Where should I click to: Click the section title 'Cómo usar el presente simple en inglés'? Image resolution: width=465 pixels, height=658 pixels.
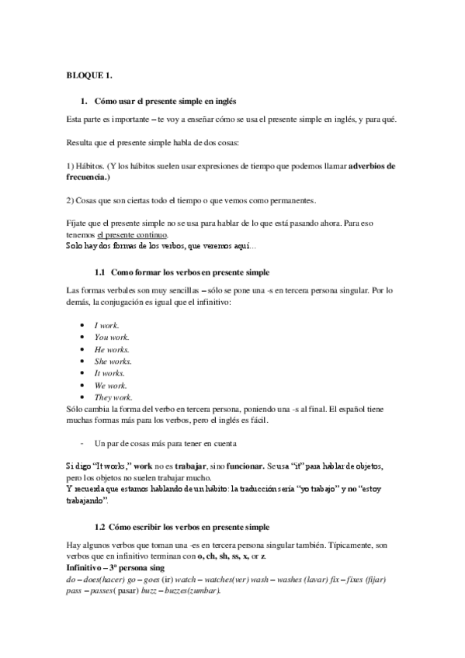165,102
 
